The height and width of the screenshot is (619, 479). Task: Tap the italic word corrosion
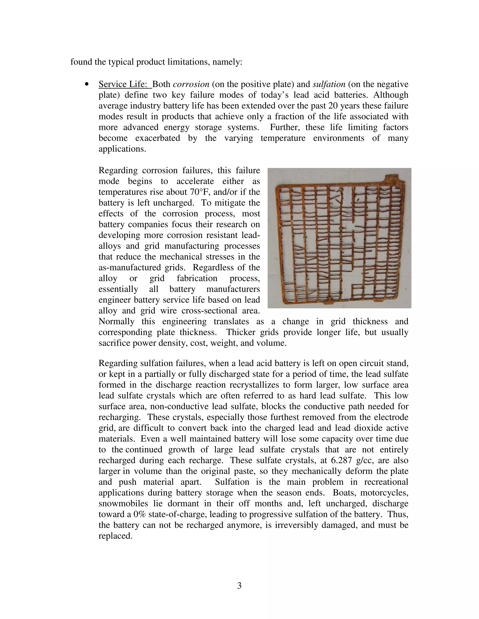(x=191, y=84)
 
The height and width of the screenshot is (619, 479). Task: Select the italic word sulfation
(x=329, y=84)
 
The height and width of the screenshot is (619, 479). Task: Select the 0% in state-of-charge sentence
(x=139, y=514)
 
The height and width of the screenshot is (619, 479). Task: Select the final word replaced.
(x=115, y=536)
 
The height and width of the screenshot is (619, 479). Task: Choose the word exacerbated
(x=157, y=138)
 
